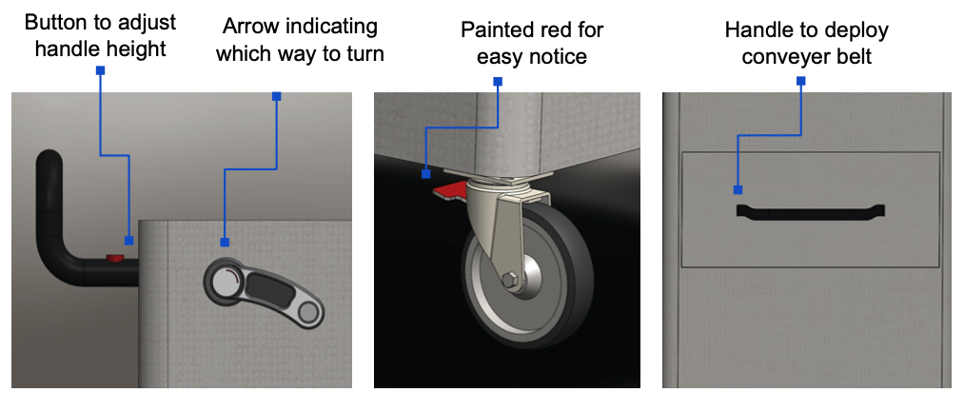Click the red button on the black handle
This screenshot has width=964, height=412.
pos(115,257)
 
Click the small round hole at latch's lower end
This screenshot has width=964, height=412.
pos(306,311)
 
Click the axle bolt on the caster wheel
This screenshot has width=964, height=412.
pos(509,281)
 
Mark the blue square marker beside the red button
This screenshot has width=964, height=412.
pos(129,241)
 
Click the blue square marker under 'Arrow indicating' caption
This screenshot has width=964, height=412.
pos(224,242)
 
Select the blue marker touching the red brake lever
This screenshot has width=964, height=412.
pos(425,174)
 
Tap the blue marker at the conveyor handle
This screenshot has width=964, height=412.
pos(738,189)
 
